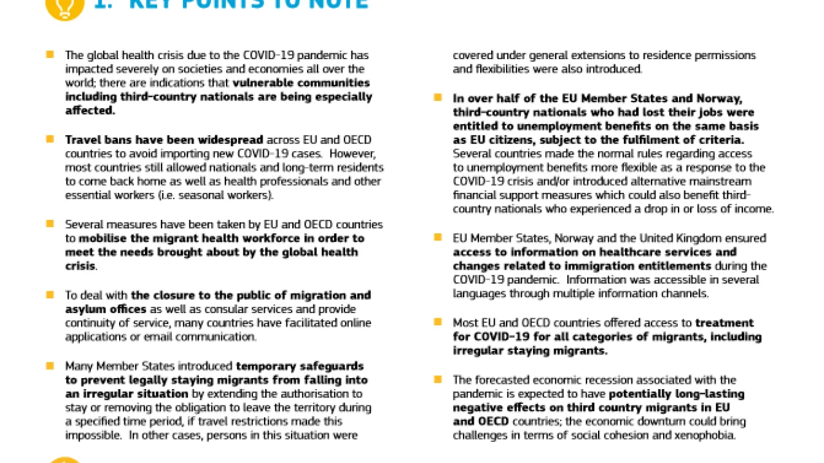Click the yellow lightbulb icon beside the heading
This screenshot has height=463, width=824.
click(64, 6)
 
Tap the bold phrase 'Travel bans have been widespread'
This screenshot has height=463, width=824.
click(164, 140)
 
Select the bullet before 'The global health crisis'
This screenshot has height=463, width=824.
click(50, 55)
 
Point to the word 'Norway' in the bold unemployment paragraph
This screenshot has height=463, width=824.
click(719, 98)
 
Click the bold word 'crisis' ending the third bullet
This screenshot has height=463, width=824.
click(80, 266)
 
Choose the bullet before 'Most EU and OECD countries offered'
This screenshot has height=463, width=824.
click(438, 322)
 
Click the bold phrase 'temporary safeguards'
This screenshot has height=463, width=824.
click(300, 366)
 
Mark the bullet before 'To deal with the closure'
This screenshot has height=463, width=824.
click(50, 295)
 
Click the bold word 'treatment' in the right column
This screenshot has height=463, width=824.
click(724, 323)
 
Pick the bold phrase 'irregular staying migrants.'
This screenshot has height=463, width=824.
click(530, 350)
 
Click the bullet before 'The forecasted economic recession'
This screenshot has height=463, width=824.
click(438, 379)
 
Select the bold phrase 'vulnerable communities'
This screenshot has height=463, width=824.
click(301, 83)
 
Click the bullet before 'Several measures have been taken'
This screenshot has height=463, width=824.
click(50, 224)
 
